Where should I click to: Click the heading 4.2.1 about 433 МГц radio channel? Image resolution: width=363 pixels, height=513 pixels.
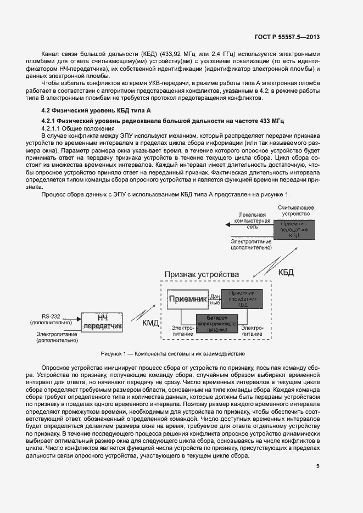(165, 120)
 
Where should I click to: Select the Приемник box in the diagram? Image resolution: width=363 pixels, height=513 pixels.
(187, 299)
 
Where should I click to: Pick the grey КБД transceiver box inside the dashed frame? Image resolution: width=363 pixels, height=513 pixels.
(242, 299)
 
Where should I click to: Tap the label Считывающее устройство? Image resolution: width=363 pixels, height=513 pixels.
(295, 211)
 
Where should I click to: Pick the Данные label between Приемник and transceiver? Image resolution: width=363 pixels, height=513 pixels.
(215, 300)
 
